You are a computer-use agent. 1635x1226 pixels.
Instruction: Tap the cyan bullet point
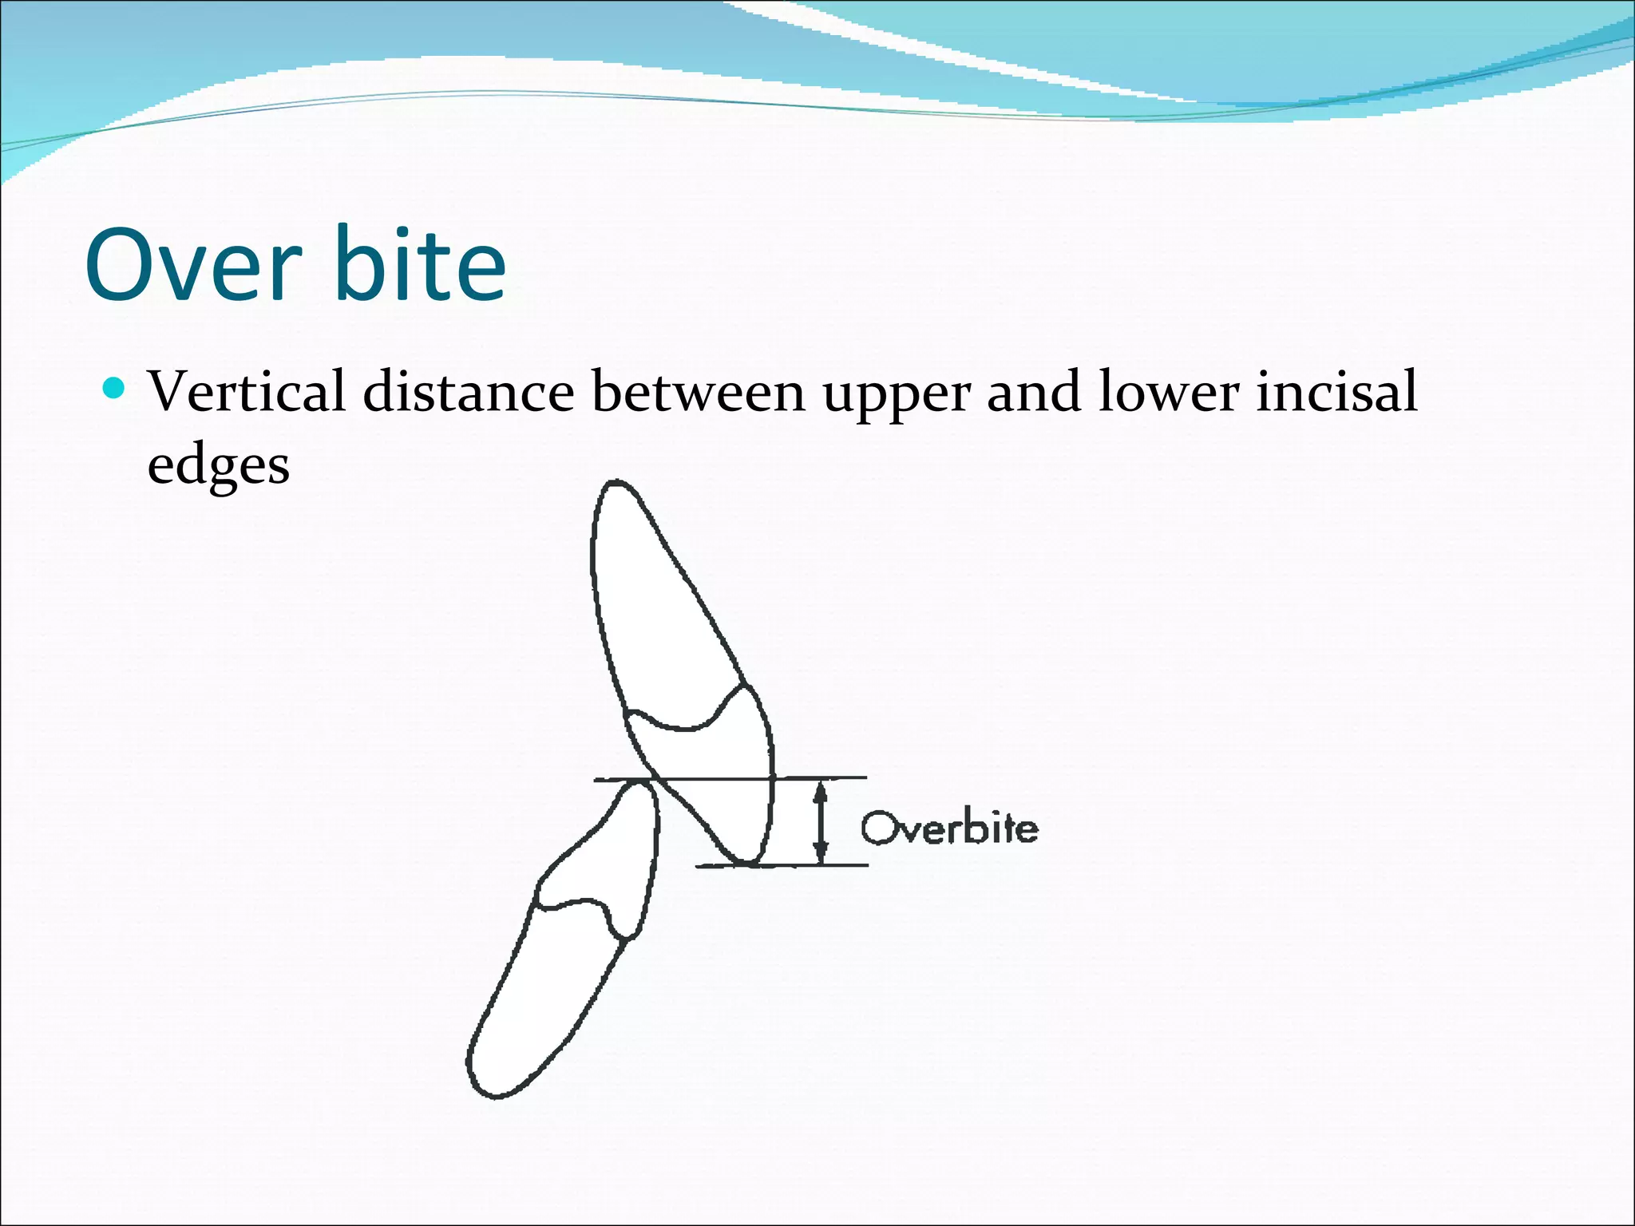click(115, 389)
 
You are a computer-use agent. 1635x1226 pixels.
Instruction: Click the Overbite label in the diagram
click(950, 829)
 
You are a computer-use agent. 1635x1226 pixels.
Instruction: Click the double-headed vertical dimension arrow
click(821, 822)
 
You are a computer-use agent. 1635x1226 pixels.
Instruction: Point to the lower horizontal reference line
click(830, 864)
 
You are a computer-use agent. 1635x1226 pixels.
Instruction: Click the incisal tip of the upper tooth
click(746, 863)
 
